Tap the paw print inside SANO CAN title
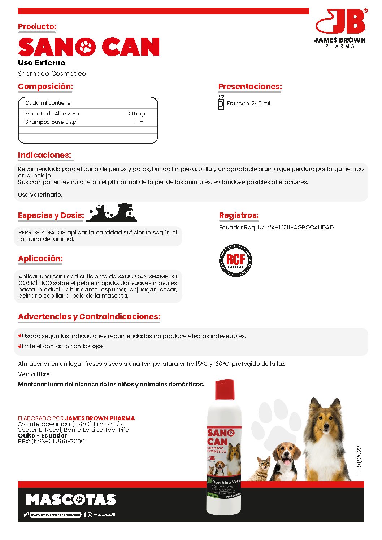click(x=86, y=47)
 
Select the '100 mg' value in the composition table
click(x=136, y=114)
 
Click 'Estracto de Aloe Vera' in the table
click(x=52, y=114)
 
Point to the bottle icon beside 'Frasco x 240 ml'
click(x=221, y=102)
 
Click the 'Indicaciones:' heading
click(x=45, y=155)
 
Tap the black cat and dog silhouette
click(x=112, y=213)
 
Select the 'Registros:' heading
click(x=239, y=215)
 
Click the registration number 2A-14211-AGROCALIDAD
click(x=300, y=228)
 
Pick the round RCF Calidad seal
click(x=235, y=260)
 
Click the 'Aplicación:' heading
click(x=40, y=259)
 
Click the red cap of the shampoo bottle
click(x=225, y=390)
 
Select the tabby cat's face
click(x=264, y=464)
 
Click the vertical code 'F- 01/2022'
click(x=359, y=460)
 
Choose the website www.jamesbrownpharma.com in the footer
click(x=55, y=515)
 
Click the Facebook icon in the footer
click(x=85, y=515)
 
